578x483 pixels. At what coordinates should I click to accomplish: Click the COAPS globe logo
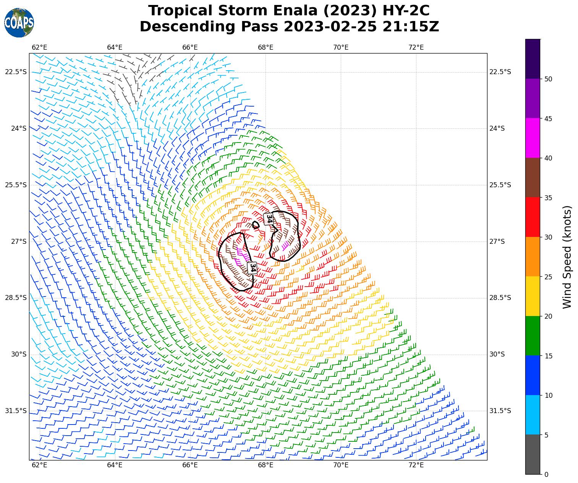[x=19, y=23]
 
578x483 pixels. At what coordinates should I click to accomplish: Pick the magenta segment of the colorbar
[x=533, y=138]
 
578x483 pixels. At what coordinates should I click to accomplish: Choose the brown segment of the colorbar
[x=533, y=178]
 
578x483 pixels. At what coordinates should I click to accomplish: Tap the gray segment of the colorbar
[x=533, y=454]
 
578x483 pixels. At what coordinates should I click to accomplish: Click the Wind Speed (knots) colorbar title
[x=567, y=257]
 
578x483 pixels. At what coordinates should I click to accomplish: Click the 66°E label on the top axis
[x=190, y=47]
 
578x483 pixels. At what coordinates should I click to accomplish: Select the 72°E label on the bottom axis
[x=416, y=465]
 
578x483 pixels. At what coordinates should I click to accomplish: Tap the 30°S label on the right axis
[x=497, y=354]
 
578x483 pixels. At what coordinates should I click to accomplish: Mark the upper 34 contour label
[x=269, y=219]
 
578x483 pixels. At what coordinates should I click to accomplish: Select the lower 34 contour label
[x=252, y=267]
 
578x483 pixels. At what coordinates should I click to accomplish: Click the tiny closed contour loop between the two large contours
[x=256, y=225]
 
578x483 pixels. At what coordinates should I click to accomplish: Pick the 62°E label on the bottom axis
[x=39, y=465]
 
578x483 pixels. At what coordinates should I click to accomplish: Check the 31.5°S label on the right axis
[x=500, y=411]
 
